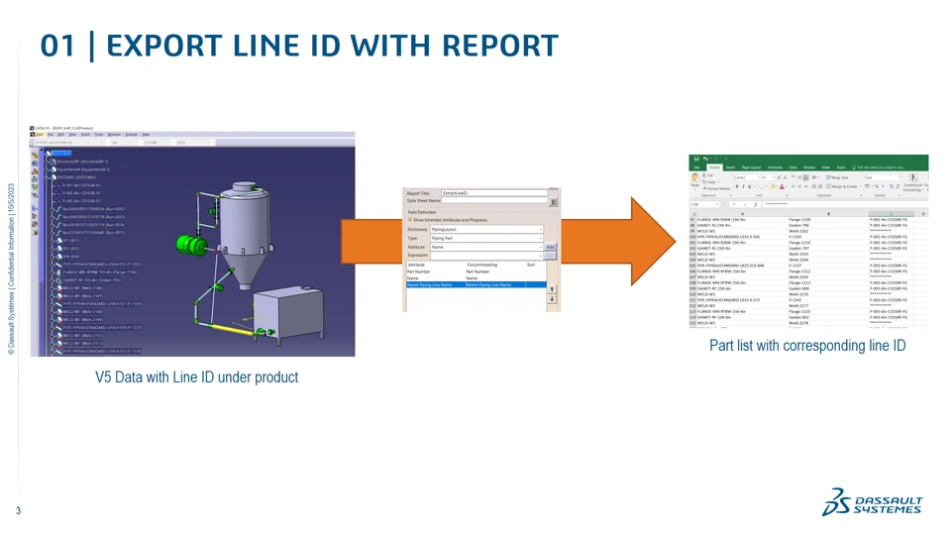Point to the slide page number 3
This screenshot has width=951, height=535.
(x=18, y=511)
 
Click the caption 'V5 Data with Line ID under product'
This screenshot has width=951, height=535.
(x=196, y=377)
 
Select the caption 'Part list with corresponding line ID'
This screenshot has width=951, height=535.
(x=807, y=346)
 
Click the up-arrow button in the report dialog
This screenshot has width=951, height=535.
(x=552, y=289)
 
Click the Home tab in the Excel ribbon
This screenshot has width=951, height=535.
(x=714, y=167)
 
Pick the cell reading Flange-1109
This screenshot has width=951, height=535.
(x=799, y=219)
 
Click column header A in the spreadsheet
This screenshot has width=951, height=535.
(x=742, y=213)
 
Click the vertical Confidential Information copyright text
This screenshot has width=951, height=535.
(x=11, y=267)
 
